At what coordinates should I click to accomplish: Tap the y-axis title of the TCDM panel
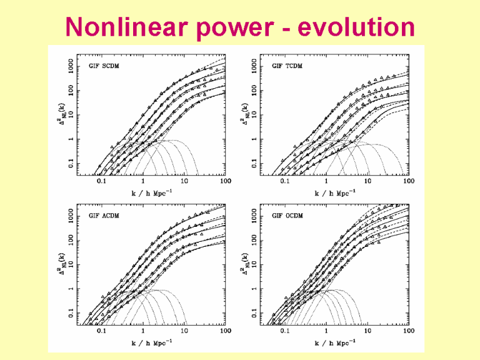point(246,114)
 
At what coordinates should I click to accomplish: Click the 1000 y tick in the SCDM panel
point(72,66)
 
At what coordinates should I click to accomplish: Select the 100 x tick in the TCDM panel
point(409,181)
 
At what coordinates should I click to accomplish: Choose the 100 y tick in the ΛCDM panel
point(72,240)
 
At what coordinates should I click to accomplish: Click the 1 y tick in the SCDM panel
point(72,139)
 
